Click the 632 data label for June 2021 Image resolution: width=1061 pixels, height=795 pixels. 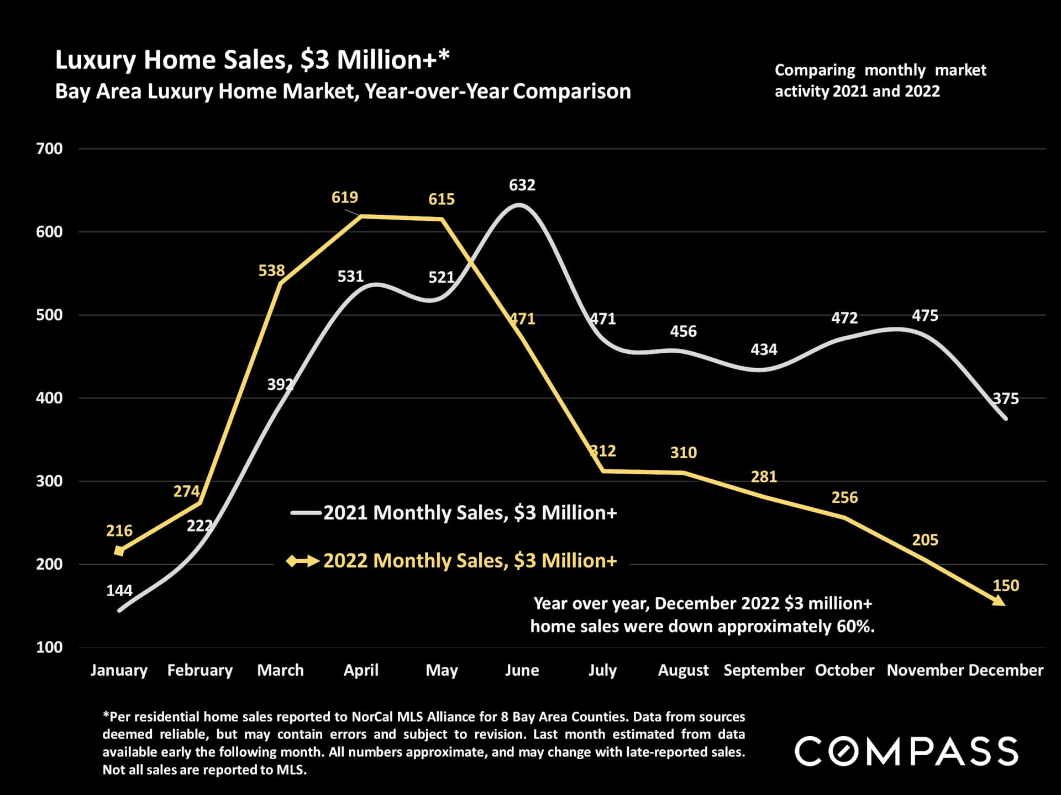tap(522, 185)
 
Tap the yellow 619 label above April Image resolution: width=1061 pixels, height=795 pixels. tap(344, 197)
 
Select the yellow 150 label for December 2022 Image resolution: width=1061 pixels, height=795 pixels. tap(1005, 585)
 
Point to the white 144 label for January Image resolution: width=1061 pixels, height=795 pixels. tap(119, 590)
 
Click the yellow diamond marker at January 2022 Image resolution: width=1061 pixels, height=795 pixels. tap(119, 550)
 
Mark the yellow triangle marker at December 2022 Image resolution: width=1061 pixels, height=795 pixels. tap(999, 601)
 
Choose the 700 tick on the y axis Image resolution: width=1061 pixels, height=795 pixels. tap(49, 149)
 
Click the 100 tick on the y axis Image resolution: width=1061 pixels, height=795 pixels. tap(49, 647)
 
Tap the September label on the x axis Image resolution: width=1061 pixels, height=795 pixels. tap(764, 670)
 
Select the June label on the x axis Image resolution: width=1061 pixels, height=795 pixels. tap(522, 670)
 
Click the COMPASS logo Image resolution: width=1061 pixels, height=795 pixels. tap(906, 751)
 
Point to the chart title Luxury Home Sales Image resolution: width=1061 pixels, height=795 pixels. tap(252, 60)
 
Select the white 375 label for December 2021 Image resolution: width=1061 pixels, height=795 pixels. tap(1005, 398)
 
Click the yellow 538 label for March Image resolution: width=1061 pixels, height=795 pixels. tap(271, 271)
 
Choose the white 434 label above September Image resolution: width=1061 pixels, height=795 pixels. tap(764, 349)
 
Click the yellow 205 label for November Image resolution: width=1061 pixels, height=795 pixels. tap(925, 539)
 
